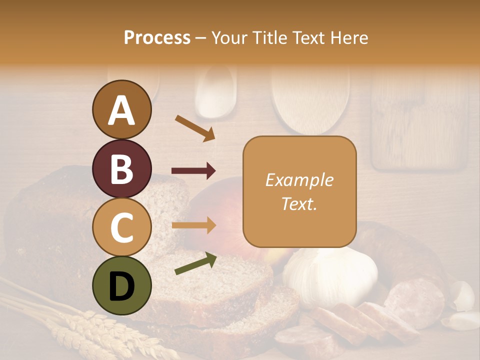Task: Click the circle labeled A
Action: point(121,109)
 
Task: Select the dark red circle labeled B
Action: point(121,168)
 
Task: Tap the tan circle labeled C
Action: point(121,227)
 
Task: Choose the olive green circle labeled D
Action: point(121,285)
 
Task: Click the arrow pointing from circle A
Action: point(195,128)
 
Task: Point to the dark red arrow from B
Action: point(194,171)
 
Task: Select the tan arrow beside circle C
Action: point(194,225)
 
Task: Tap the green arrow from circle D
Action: point(195,263)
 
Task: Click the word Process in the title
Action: point(157,37)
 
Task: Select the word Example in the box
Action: point(299,180)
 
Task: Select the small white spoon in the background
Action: point(215,92)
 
